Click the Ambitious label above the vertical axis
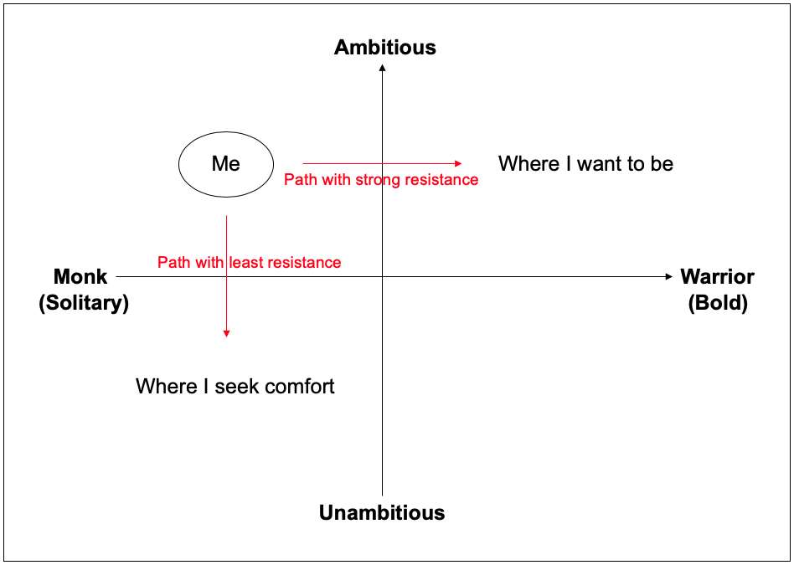[384, 47]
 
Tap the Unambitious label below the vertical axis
[382, 513]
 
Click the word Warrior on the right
[717, 277]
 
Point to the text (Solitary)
[84, 303]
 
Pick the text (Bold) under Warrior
[718, 303]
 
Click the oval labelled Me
[226, 132]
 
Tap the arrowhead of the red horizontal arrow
[458, 163]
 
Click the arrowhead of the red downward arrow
[226, 333]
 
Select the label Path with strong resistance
[381, 180]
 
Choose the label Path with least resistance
[249, 262]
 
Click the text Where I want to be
[586, 163]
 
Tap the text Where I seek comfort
[235, 386]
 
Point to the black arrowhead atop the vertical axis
[382, 68]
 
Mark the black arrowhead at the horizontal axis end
[669, 276]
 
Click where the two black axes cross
[382, 276]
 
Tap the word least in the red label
[247, 262]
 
